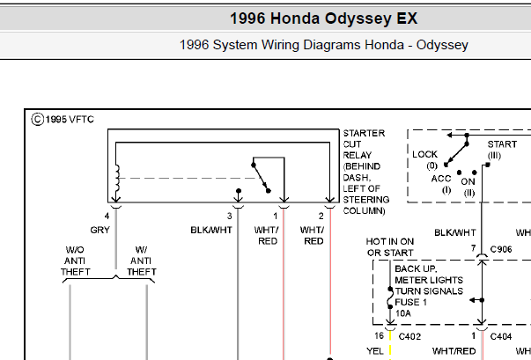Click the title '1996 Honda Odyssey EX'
[323, 18]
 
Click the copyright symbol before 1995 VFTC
[38, 120]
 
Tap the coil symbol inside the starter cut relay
[117, 178]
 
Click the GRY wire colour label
[100, 230]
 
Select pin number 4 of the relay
[107, 216]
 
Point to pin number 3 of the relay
[229, 216]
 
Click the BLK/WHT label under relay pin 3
[211, 230]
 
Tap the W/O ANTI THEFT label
[75, 261]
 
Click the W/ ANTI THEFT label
[142, 261]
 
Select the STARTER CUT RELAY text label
[364, 144]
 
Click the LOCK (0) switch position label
[424, 159]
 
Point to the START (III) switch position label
[502, 150]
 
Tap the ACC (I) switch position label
[441, 184]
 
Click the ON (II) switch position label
[468, 187]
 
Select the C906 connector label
[501, 249]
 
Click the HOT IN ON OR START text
[390, 247]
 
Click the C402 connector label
[409, 336]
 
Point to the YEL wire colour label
[375, 351]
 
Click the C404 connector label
[501, 336]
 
